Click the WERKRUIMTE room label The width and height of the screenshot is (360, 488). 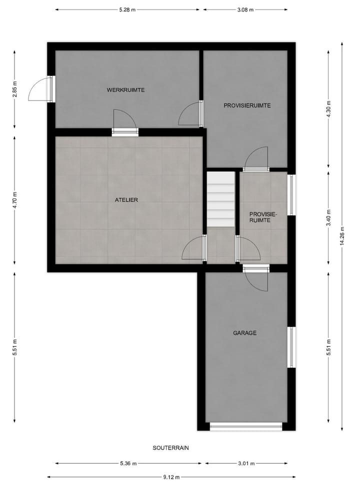(125, 90)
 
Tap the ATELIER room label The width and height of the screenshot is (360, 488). (126, 200)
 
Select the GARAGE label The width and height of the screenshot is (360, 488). (244, 332)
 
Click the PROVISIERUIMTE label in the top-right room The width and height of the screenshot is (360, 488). (247, 105)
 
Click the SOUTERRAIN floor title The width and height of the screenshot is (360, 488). (170, 448)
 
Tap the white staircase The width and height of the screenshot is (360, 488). (221, 199)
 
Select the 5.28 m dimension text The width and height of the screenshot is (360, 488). (127, 9)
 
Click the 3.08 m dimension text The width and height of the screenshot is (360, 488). (245, 9)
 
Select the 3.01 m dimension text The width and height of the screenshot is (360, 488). (245, 463)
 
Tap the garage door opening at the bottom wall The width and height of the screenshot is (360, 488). (246, 426)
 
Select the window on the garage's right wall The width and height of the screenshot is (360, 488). (291, 347)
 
